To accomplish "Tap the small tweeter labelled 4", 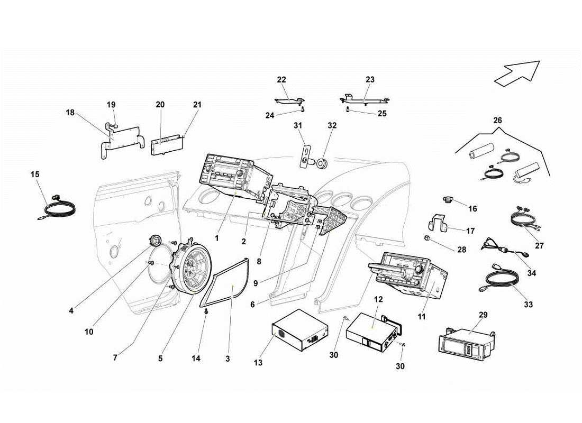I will pyautogui.click(x=156, y=241).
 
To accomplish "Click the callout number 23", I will pyautogui.click(x=370, y=80).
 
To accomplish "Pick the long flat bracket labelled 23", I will pyautogui.click(x=365, y=99).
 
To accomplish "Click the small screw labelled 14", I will pyautogui.click(x=206, y=313).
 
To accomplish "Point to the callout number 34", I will pyautogui.click(x=532, y=273).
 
